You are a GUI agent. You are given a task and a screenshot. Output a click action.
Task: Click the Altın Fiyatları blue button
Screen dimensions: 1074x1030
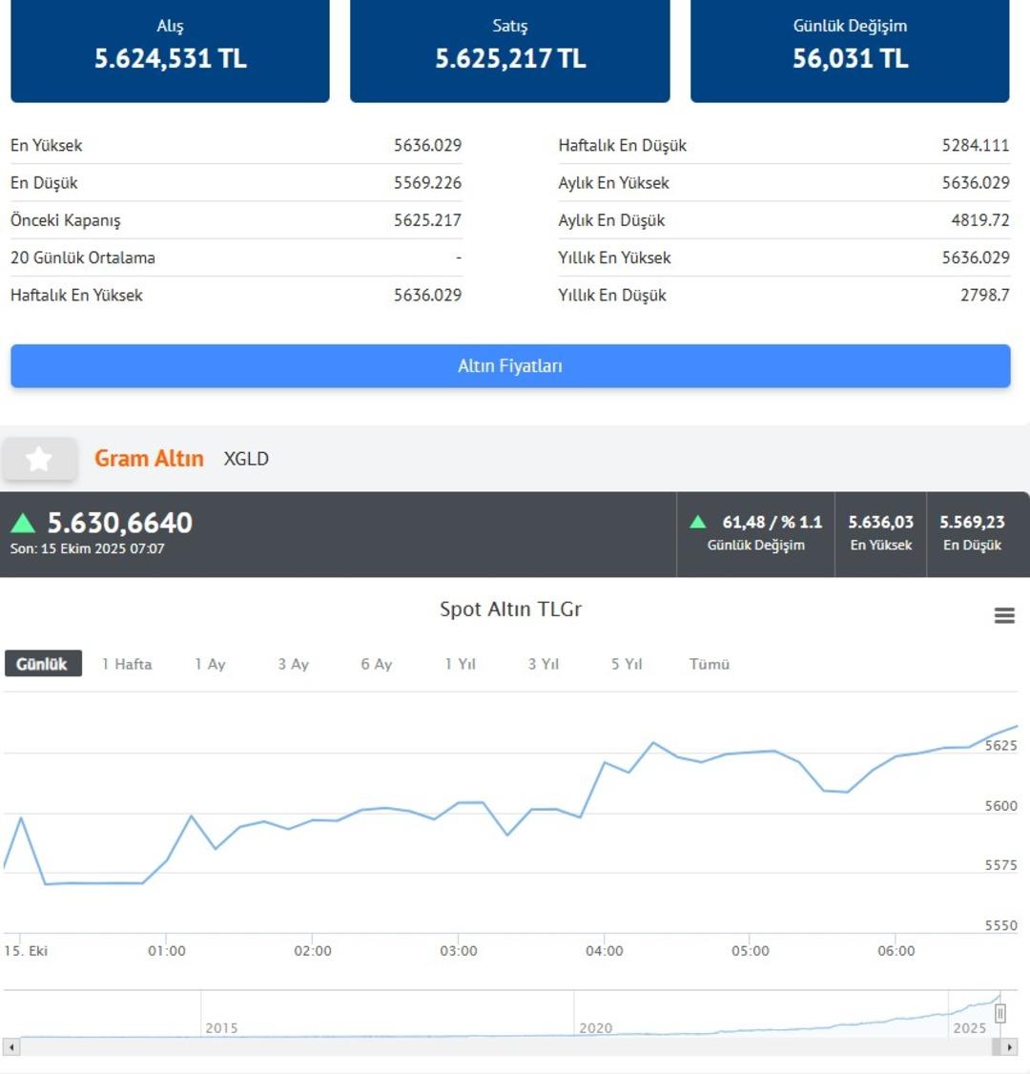point(510,366)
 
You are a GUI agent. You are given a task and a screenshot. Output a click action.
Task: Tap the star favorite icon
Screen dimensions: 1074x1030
point(39,460)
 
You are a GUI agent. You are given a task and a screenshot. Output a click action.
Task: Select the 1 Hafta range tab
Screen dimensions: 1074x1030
point(127,664)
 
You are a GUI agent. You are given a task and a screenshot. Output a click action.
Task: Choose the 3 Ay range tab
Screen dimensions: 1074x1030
point(294,664)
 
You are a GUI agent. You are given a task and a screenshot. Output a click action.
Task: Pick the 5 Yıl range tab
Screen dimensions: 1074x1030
point(627,664)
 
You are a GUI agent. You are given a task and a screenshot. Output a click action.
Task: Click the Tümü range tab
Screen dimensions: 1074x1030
point(710,664)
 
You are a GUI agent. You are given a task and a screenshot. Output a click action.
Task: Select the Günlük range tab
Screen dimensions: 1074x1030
point(43,664)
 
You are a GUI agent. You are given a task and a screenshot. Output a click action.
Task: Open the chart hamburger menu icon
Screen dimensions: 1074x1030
point(1004,615)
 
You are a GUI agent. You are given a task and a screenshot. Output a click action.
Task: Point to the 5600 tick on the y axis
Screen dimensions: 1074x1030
point(1000,806)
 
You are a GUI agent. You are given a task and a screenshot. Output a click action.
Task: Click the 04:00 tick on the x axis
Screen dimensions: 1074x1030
point(605,951)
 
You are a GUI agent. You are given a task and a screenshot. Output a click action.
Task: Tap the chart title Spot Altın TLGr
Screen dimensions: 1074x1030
point(510,609)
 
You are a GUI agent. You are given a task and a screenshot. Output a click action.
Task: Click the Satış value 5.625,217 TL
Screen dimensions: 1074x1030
point(510,59)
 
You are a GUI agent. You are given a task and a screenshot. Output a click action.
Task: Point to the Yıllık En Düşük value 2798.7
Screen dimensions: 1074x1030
point(984,296)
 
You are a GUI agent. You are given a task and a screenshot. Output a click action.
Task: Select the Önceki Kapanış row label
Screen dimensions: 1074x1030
point(66,220)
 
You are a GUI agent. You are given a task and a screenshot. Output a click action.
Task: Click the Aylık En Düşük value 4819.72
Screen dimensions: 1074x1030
point(979,220)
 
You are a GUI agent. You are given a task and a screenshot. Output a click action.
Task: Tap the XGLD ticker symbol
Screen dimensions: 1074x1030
point(246,459)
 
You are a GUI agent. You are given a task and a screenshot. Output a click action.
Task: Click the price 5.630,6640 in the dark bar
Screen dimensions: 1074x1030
point(120,523)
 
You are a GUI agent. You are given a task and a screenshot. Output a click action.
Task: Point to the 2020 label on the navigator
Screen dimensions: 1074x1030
point(595,1027)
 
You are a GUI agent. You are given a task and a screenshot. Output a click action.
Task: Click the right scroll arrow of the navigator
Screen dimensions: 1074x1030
point(1010,1047)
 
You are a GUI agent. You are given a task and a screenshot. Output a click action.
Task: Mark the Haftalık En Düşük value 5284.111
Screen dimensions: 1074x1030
point(975,145)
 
